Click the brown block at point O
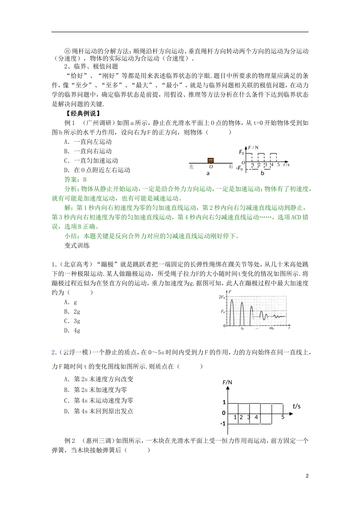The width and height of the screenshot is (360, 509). (211, 161)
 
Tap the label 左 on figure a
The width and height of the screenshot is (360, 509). (191, 167)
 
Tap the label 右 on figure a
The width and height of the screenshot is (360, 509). (231, 167)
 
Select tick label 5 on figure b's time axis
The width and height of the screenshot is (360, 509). (279, 165)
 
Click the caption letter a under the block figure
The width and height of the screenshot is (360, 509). (208, 173)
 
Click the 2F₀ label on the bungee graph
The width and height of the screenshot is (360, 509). (222, 297)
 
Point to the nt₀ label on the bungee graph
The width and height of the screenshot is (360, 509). (271, 328)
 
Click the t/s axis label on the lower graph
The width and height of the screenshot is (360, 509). (296, 406)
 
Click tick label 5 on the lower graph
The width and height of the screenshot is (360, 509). (283, 417)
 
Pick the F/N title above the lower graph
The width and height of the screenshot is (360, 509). (227, 383)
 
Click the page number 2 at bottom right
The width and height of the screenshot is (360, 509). (307, 476)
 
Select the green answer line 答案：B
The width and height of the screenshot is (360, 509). (75, 180)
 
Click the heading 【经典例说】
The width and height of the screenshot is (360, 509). (82, 113)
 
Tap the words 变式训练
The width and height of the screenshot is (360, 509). (77, 245)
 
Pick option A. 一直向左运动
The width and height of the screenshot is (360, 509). (88, 142)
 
